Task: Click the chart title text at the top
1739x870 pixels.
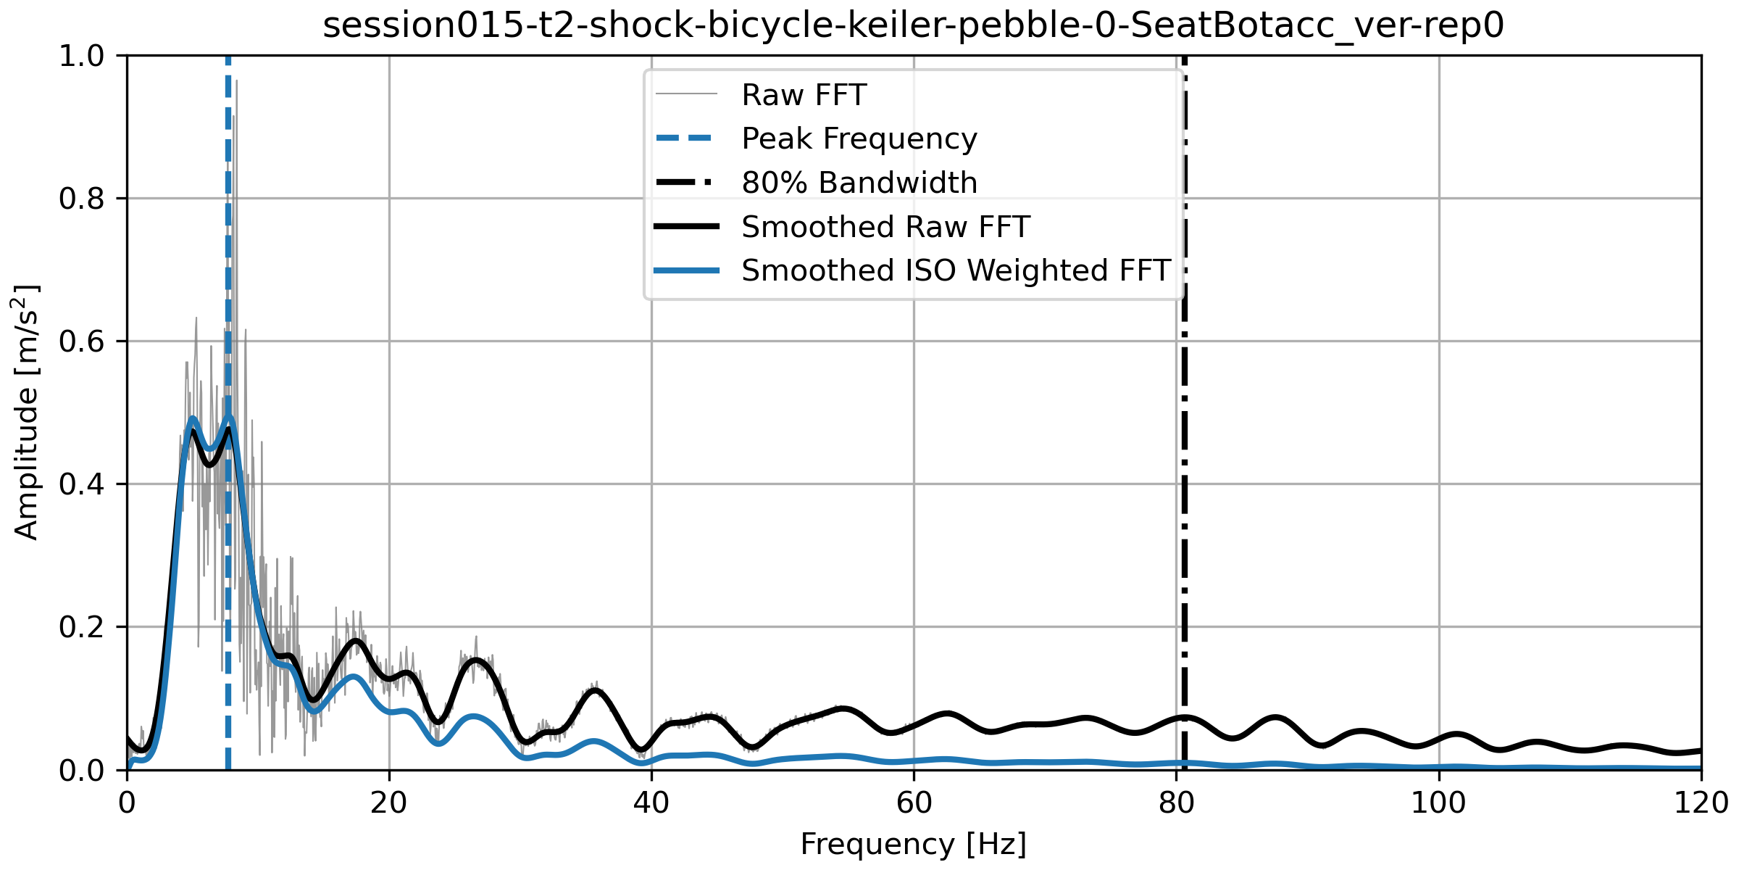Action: click(913, 26)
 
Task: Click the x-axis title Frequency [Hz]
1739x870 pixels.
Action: click(913, 845)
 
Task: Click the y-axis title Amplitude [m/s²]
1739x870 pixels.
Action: click(26, 412)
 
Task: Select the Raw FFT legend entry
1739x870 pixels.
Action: click(804, 95)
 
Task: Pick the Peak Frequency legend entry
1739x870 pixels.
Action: click(859, 138)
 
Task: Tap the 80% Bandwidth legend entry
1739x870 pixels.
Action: click(859, 183)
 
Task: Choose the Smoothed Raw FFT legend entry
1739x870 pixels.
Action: click(885, 227)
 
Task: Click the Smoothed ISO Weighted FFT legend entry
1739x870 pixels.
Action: click(956, 270)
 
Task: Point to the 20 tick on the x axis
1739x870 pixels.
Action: click(389, 803)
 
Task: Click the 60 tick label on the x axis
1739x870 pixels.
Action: click(914, 803)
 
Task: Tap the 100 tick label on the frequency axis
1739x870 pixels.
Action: click(1438, 803)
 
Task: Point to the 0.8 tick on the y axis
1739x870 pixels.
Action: click(81, 199)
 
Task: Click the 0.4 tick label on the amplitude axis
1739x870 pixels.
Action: click(81, 484)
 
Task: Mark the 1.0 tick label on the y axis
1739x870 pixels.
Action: click(81, 56)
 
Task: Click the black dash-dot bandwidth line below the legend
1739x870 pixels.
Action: click(1184, 507)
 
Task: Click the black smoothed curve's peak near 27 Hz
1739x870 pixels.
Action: click(475, 660)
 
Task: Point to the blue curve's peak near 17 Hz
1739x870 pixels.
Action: click(354, 676)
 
